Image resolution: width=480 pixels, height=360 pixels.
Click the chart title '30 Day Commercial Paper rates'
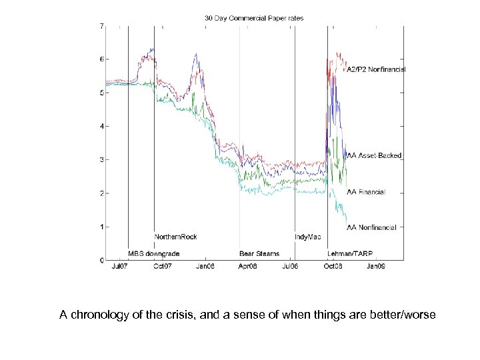pyautogui.click(x=253, y=18)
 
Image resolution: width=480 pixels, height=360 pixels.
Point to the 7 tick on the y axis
pyautogui.click(x=101, y=26)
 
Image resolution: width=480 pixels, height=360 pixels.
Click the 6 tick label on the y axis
pyautogui.click(x=101, y=59)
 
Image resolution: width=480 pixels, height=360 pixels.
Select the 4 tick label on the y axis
pyautogui.click(x=101, y=126)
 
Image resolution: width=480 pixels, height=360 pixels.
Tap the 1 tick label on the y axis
pyautogui.click(x=101, y=227)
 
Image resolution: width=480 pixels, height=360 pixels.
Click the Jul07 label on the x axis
pyautogui.click(x=120, y=267)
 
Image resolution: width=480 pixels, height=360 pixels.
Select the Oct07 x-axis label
pyautogui.click(x=163, y=267)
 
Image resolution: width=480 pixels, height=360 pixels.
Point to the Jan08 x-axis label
pyautogui.click(x=205, y=267)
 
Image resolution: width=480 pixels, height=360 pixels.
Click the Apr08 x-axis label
pyautogui.click(x=247, y=267)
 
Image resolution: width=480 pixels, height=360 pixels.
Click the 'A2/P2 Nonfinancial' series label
pyautogui.click(x=376, y=69)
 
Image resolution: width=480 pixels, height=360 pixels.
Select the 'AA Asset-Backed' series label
pyautogui.click(x=375, y=155)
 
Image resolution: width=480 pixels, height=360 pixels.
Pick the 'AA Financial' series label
pyautogui.click(x=366, y=192)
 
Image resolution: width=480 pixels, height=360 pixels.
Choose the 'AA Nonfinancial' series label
pyautogui.click(x=372, y=227)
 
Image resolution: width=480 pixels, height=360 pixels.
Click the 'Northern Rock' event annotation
pyautogui.click(x=175, y=237)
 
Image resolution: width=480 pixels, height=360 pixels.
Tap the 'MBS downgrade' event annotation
pyautogui.click(x=150, y=254)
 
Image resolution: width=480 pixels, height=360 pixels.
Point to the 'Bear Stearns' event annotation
pyautogui.click(x=259, y=254)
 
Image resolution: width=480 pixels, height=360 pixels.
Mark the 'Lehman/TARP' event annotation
pyautogui.click(x=347, y=254)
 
